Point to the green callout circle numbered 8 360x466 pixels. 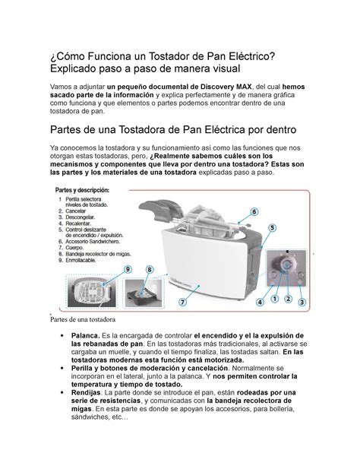tap(150, 270)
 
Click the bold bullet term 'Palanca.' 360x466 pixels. tap(86, 335)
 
